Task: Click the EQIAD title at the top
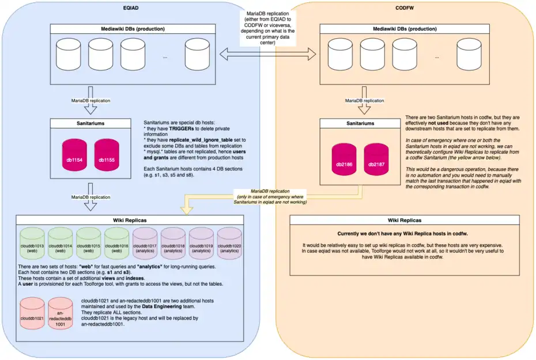click(x=130, y=6)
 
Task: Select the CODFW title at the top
click(x=405, y=6)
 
